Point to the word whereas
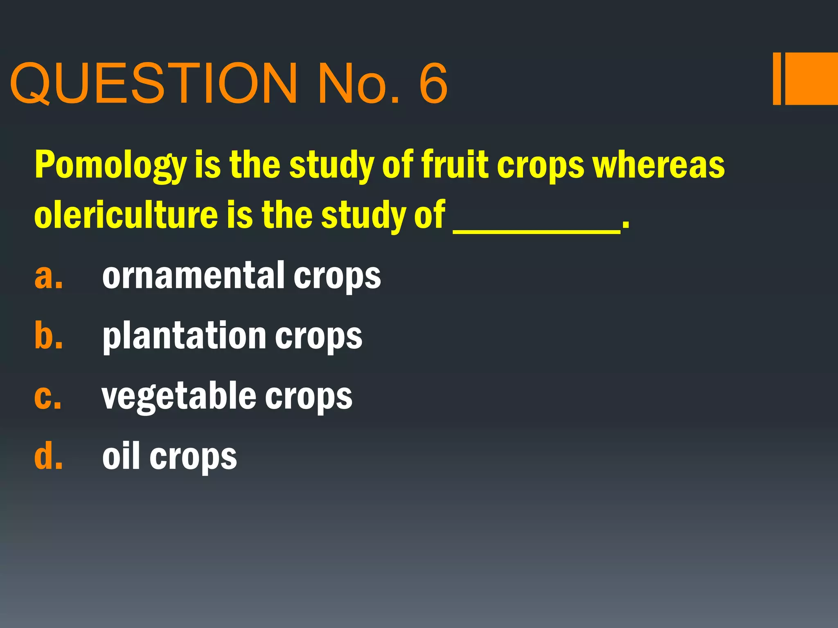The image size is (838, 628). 659,165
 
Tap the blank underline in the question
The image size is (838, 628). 536,231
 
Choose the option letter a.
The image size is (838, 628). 48,276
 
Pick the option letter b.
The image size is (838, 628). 48,336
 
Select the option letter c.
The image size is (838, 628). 48,396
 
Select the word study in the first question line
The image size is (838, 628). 331,165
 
